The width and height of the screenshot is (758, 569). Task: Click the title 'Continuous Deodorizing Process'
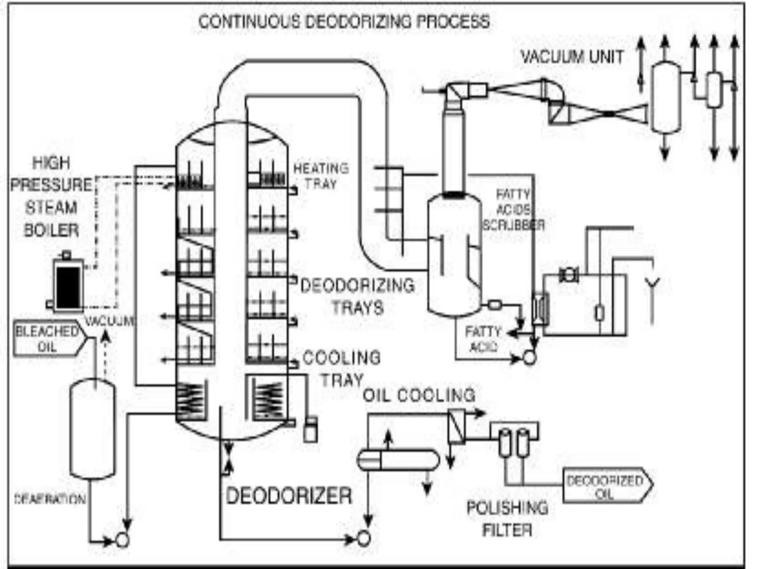pos(344,21)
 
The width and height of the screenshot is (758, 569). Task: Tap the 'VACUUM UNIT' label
pos(572,57)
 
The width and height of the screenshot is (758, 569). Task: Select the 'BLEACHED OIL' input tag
pos(47,339)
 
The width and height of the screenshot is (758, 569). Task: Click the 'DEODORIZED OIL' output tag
pos(605,486)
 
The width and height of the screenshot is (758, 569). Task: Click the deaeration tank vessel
pos(93,430)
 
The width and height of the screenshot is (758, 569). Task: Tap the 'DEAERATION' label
pos(50,499)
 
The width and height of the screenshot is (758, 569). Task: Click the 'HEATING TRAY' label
pos(321,176)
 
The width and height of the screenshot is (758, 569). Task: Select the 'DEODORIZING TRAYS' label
pos(358,296)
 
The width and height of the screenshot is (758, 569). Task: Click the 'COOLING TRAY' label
pos(341,369)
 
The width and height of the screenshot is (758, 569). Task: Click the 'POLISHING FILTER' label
pos(507,519)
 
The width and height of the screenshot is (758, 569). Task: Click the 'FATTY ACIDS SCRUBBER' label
pos(513,210)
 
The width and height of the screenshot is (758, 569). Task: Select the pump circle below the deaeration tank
pos(123,540)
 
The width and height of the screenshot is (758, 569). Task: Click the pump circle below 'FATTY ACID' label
pos(530,358)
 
